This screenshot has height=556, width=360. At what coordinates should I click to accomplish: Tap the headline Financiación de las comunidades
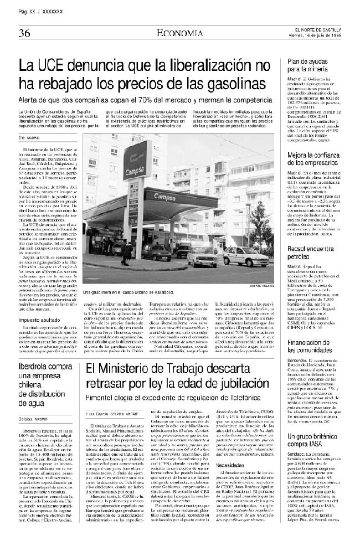pos(313,331)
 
